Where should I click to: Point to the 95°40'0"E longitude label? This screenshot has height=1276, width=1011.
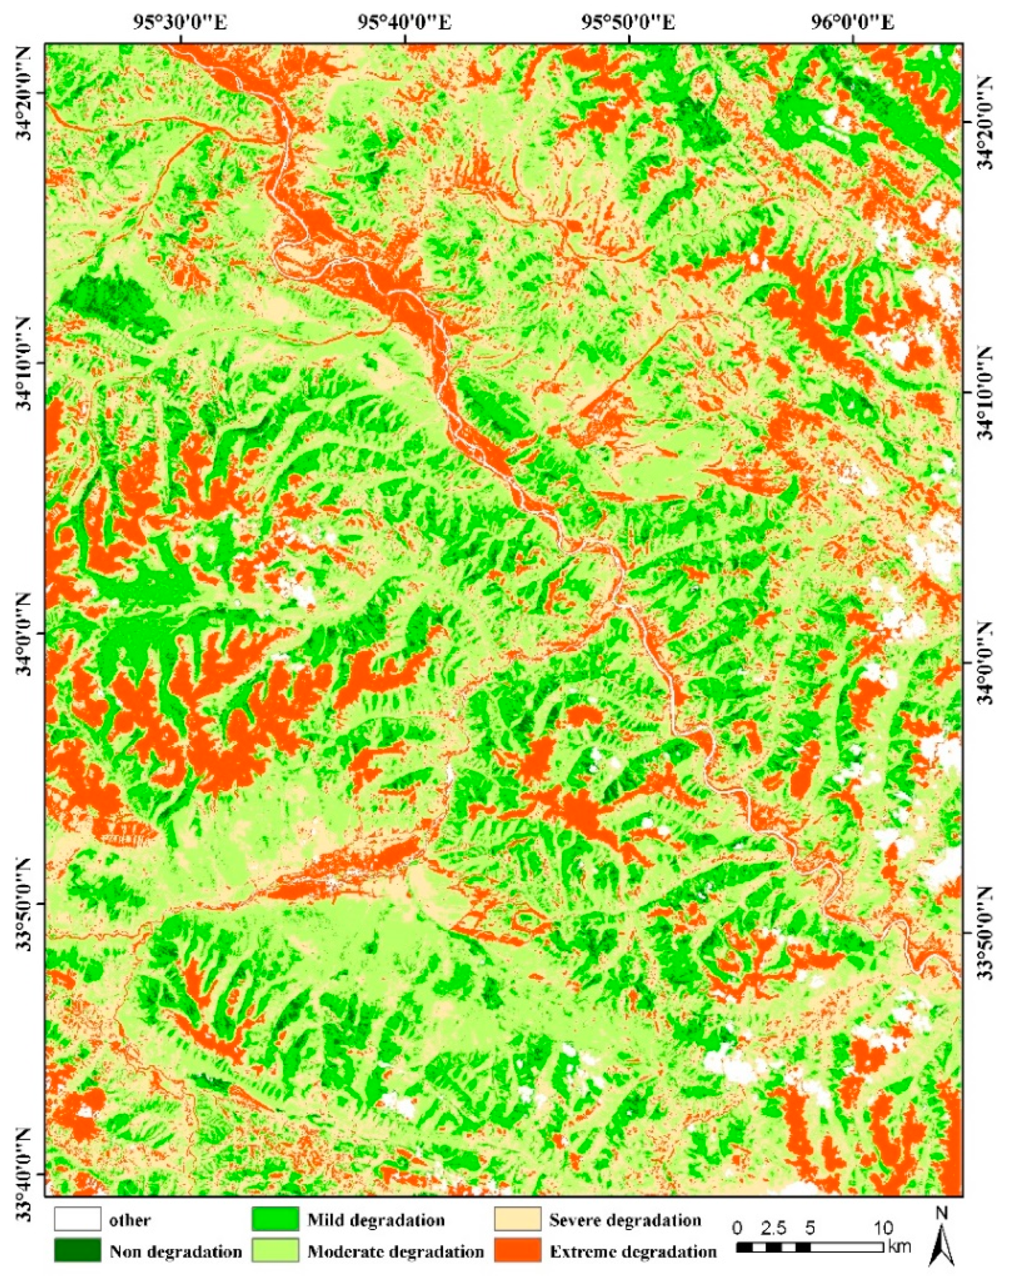pos(404,23)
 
